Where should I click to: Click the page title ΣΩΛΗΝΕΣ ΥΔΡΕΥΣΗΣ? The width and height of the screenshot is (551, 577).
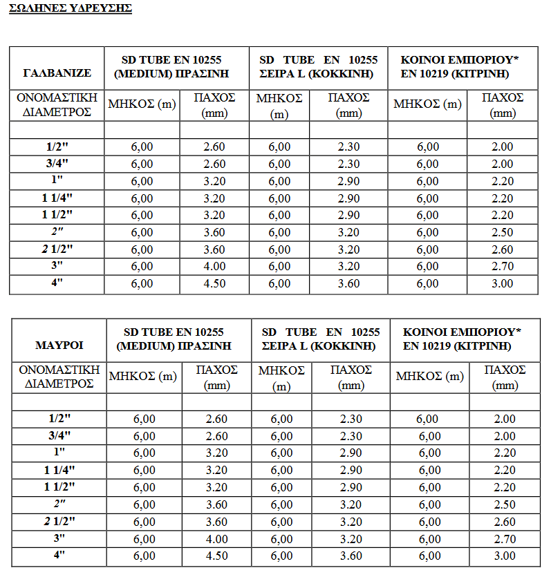click(x=71, y=9)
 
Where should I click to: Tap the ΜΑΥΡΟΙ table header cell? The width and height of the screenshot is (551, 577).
click(x=59, y=345)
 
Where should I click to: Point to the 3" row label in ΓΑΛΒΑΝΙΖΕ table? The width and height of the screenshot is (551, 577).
click(x=57, y=266)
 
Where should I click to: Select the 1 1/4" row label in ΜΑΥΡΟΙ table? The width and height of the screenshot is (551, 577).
click(x=59, y=470)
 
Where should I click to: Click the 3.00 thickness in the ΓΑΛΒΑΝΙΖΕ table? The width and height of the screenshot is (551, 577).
click(x=502, y=283)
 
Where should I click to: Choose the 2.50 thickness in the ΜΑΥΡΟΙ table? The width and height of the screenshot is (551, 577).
click(x=504, y=504)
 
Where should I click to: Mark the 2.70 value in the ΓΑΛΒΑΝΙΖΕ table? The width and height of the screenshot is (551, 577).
click(x=502, y=266)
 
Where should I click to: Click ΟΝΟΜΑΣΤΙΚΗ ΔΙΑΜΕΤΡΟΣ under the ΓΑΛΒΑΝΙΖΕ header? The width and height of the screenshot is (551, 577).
click(x=57, y=105)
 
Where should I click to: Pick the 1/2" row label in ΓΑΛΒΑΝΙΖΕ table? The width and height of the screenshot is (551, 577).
click(x=57, y=146)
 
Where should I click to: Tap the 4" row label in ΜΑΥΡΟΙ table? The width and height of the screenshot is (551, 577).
click(x=59, y=556)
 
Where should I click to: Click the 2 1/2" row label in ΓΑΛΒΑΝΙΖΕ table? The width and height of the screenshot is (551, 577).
click(x=57, y=249)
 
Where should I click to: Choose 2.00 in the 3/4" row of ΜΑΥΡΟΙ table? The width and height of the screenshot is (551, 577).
click(x=504, y=436)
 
